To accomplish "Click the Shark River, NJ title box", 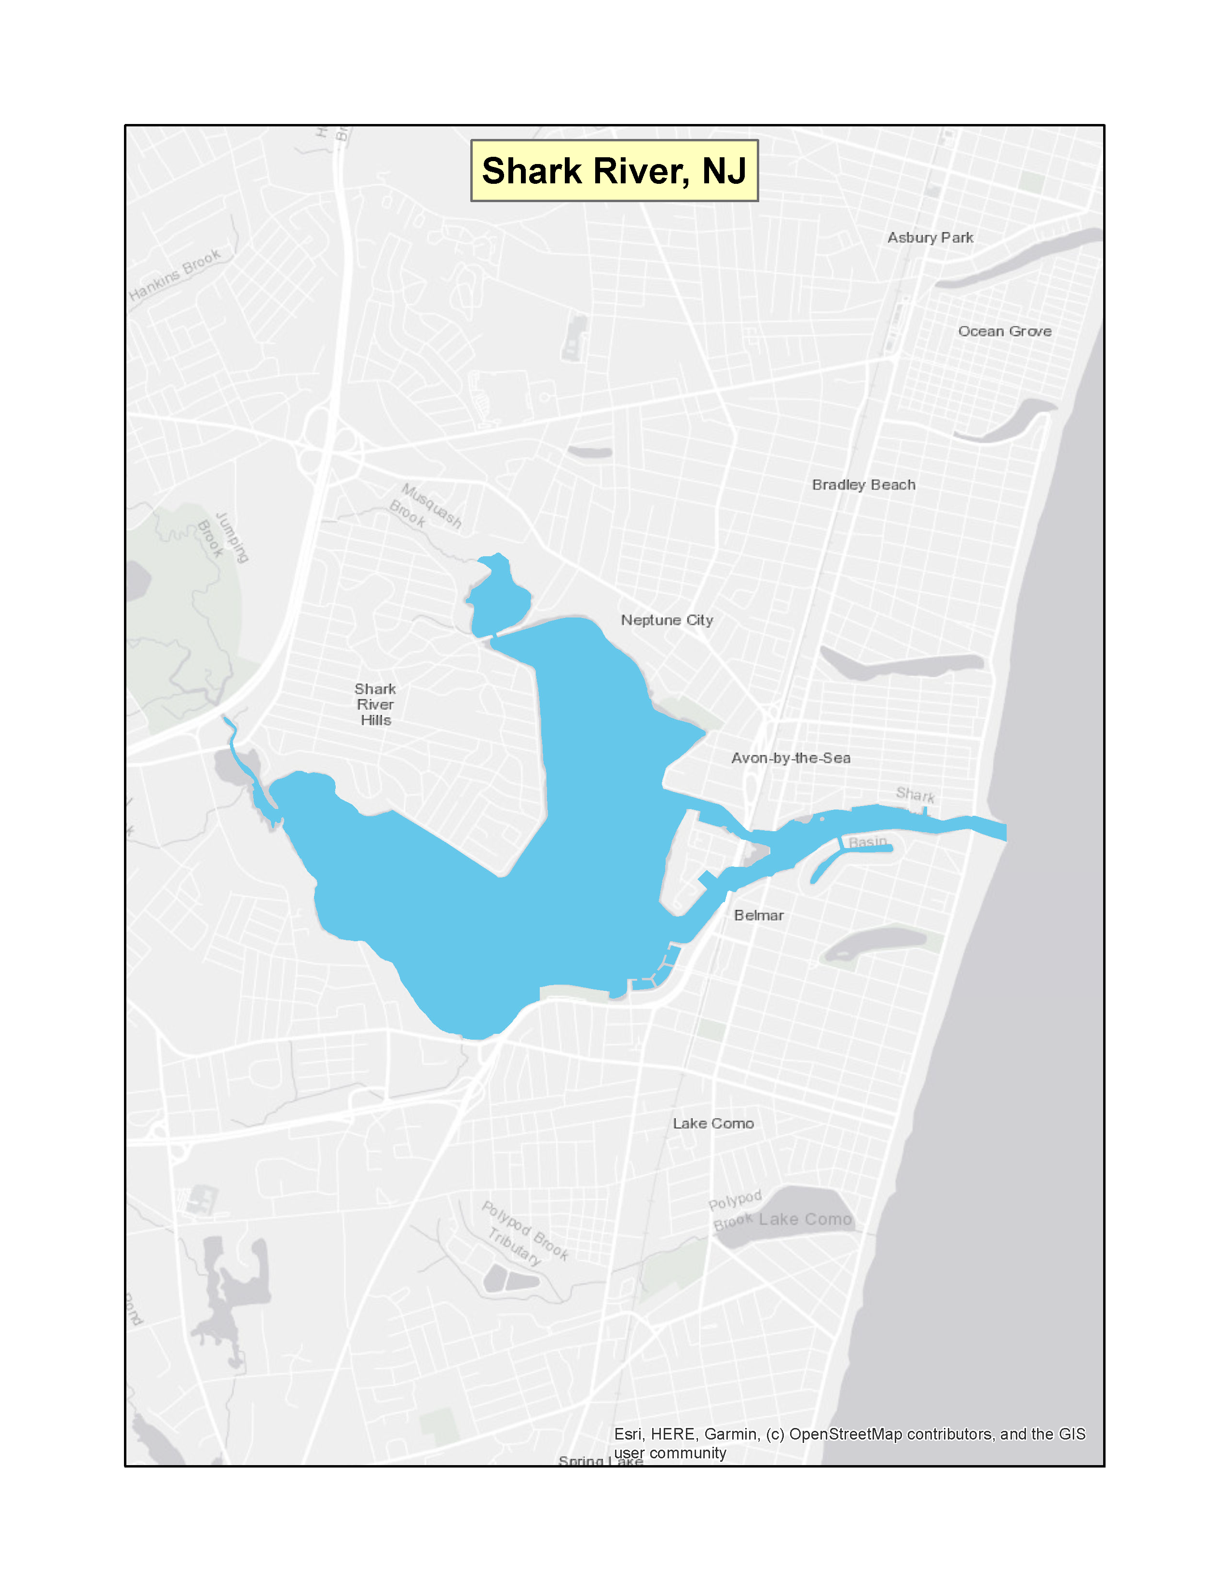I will click(x=614, y=171).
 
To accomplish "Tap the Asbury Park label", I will click(x=930, y=238).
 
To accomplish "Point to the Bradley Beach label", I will click(x=863, y=485).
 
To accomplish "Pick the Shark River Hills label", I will click(x=375, y=704).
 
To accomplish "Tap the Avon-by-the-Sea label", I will click(x=791, y=758).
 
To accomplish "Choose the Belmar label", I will click(x=759, y=916).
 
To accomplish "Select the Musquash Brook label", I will click(x=426, y=505).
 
